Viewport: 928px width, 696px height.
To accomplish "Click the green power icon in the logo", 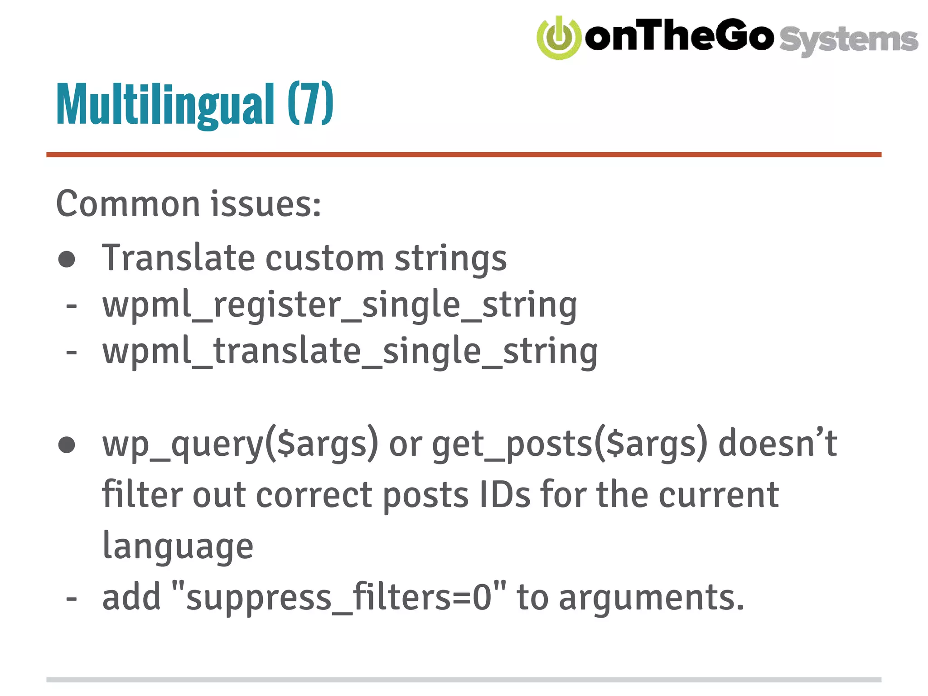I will pos(559,38).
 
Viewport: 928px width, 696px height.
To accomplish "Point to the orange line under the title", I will pos(464,155).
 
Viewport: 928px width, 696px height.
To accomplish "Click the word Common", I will pos(128,204).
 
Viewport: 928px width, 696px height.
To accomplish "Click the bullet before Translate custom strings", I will pos(67,259).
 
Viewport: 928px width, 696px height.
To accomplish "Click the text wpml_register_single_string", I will pos(340,305).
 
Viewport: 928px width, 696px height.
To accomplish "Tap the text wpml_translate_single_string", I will pos(350,352).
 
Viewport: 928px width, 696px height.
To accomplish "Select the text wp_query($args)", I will pos(240,444).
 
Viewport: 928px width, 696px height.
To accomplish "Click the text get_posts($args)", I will pos(570,444).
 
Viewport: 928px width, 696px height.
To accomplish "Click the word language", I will pos(178,546).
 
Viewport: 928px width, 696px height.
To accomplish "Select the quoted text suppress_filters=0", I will pos(339,597).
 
